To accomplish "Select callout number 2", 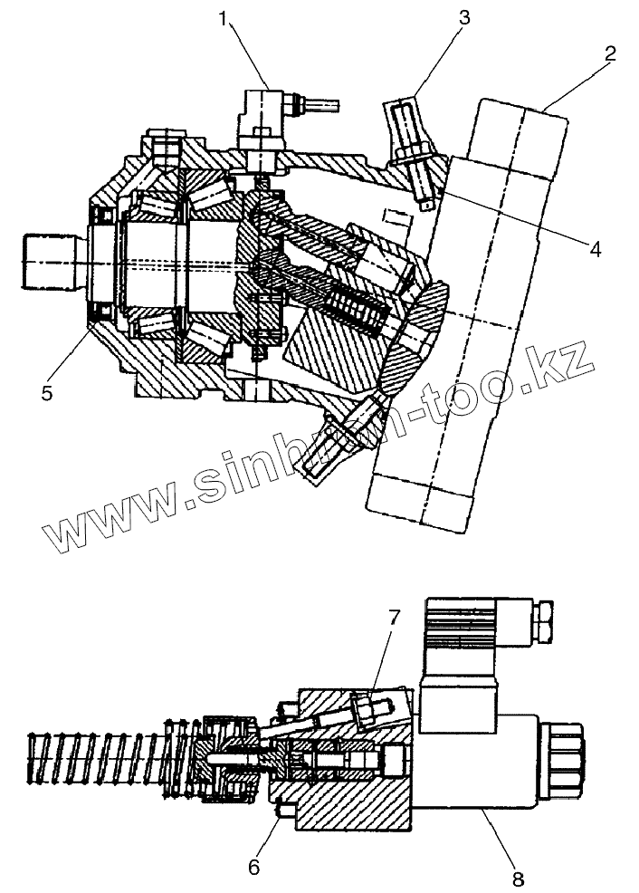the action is (611, 53).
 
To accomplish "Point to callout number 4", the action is (594, 249).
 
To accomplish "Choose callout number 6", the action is (254, 867).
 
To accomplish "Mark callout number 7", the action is (393, 618).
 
